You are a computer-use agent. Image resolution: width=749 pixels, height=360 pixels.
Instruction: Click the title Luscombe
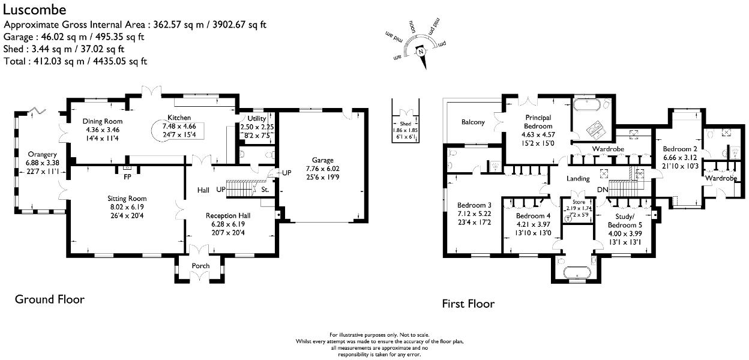click(x=35, y=10)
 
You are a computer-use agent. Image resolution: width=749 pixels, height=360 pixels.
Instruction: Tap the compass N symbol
click(x=421, y=52)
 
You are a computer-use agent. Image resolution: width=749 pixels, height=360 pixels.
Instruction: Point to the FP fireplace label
click(x=127, y=177)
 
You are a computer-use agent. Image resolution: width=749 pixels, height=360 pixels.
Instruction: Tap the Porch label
click(x=200, y=266)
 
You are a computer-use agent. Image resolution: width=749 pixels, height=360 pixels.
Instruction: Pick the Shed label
click(x=406, y=124)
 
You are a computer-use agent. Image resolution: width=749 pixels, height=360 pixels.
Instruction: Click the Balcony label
click(x=473, y=122)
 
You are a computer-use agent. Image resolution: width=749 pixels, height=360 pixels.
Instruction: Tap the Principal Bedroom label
click(x=538, y=122)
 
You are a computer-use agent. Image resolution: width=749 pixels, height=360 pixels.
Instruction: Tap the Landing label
click(x=579, y=178)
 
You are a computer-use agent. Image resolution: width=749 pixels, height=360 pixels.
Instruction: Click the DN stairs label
click(x=604, y=190)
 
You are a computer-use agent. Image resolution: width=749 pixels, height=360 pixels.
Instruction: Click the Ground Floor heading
click(x=49, y=299)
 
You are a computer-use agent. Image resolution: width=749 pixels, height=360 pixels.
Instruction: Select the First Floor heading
click(x=468, y=304)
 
